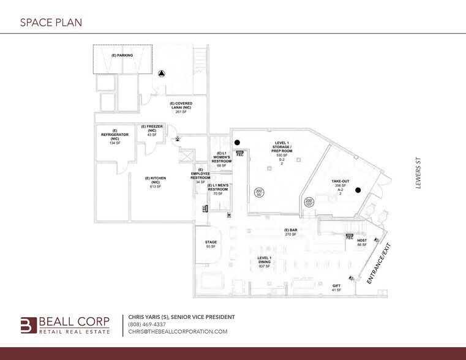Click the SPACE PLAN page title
[x=51, y=23]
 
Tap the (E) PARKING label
[x=122, y=55]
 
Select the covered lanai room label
[x=181, y=107]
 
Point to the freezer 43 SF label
[x=152, y=130]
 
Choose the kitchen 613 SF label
[x=155, y=182]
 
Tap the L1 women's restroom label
[x=222, y=159]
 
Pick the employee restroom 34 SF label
[x=200, y=175]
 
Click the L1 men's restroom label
[x=217, y=189]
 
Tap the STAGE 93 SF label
[x=211, y=244]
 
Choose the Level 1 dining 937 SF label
[x=265, y=262]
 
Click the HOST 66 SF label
[x=362, y=242]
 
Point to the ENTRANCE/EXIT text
[x=379, y=264]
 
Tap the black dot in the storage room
[x=236, y=143]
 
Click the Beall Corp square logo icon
[x=28, y=324]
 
